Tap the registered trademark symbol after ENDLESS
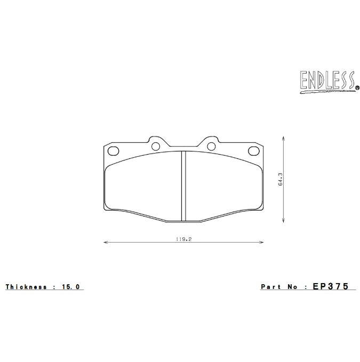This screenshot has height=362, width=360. point(357,88)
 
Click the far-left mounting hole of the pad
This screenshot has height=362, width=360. point(113,150)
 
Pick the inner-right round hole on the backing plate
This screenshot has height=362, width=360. point(211,147)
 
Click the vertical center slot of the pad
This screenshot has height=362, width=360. point(183,185)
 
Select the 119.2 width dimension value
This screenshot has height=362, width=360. point(183,239)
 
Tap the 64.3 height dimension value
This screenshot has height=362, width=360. point(280,179)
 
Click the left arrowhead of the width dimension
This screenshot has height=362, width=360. point(105,243)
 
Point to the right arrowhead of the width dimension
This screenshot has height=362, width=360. point(262,243)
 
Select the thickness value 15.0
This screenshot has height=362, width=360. point(71,287)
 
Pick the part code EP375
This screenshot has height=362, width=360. point(331,286)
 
